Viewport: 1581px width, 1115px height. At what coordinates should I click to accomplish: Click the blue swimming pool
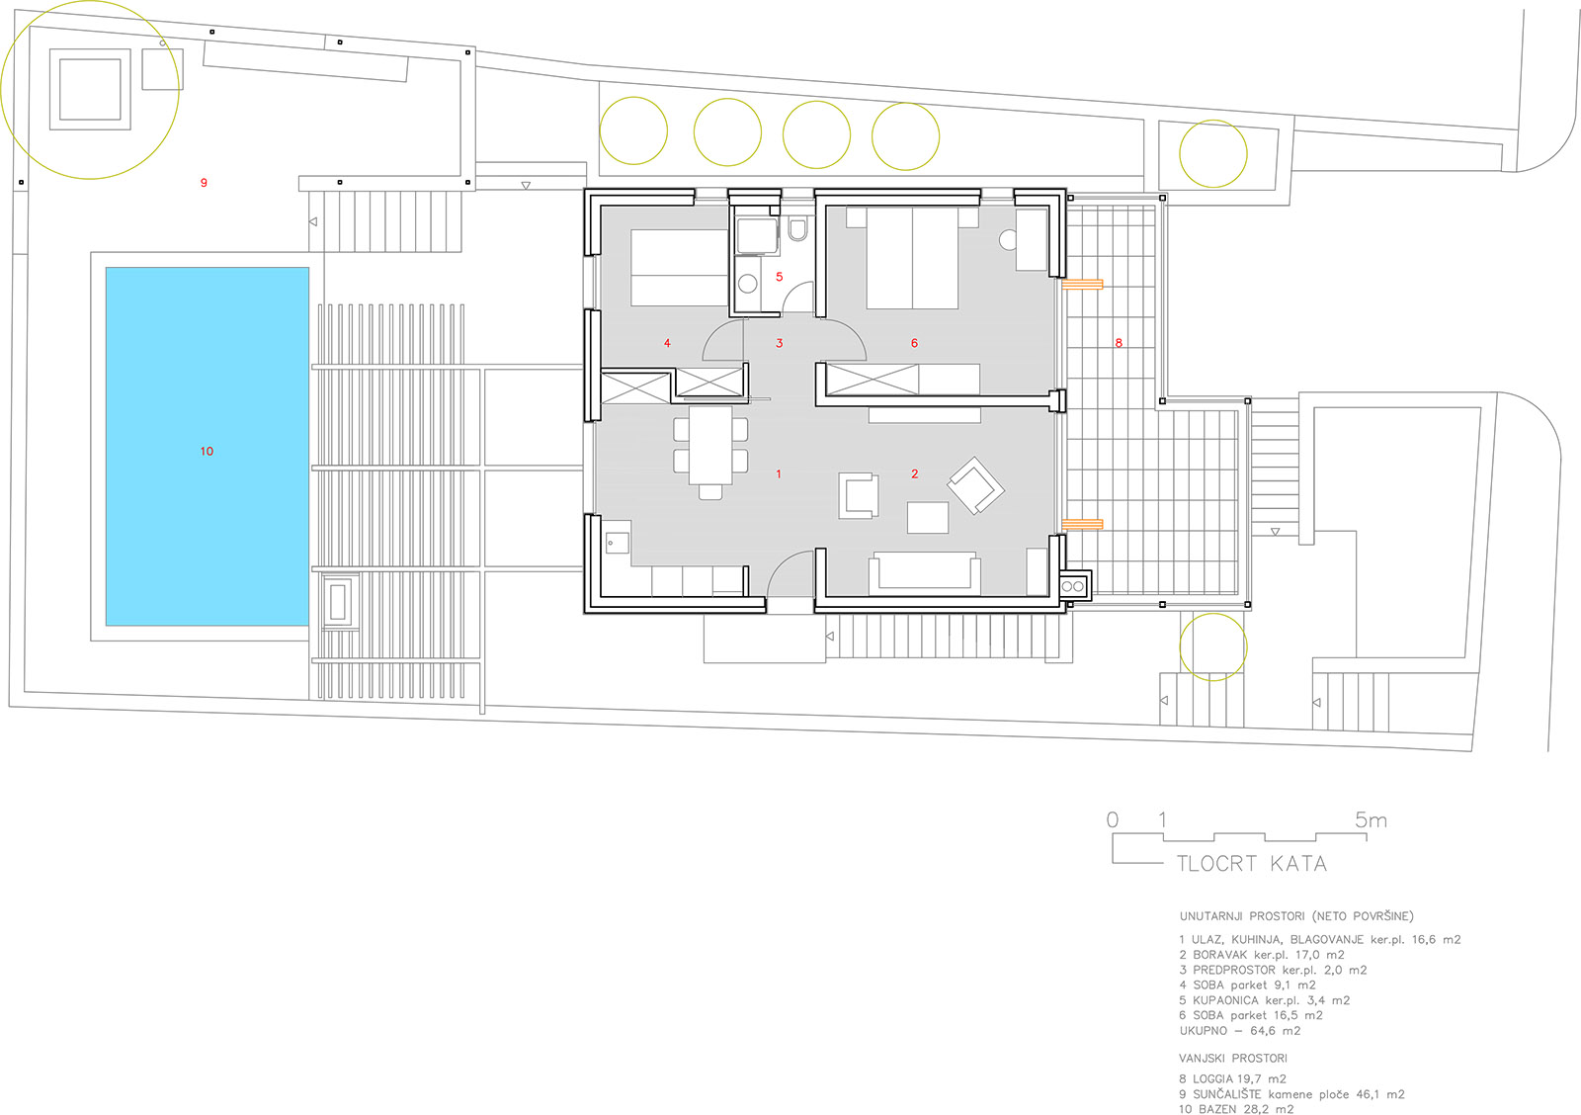click(x=207, y=446)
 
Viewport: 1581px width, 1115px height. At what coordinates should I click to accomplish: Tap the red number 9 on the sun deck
click(x=204, y=183)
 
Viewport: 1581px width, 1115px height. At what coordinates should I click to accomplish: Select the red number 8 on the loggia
click(x=1119, y=343)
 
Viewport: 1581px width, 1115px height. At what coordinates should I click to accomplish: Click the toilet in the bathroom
click(x=797, y=229)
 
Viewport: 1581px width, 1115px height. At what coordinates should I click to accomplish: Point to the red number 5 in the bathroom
click(x=780, y=277)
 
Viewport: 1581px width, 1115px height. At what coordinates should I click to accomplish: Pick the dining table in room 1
click(x=710, y=445)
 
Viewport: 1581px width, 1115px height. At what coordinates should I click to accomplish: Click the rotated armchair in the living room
click(x=975, y=485)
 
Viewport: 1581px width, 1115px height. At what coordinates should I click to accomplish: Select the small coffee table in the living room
click(x=928, y=517)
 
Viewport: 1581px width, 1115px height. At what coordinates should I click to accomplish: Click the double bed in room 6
click(x=912, y=258)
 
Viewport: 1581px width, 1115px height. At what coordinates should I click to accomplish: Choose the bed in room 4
click(x=679, y=268)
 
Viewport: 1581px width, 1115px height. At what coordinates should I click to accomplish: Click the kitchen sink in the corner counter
click(x=617, y=543)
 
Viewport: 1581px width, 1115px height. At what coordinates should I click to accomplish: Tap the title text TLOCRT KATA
click(x=1252, y=864)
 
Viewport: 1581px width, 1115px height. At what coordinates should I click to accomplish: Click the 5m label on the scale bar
click(x=1371, y=819)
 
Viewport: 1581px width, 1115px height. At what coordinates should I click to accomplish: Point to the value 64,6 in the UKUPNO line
click(x=1264, y=1031)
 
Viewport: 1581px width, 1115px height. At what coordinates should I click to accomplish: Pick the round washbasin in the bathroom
click(x=748, y=284)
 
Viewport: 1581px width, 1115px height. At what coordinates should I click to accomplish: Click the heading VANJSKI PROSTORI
click(x=1233, y=1058)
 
